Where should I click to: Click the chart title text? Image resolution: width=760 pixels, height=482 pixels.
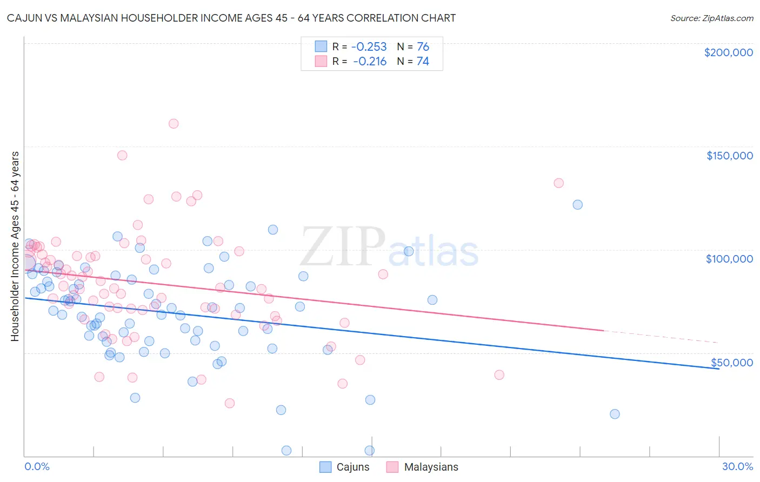click(231, 18)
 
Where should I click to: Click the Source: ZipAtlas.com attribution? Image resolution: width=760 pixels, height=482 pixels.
click(711, 18)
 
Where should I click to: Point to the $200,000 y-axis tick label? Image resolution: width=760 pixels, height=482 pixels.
click(728, 52)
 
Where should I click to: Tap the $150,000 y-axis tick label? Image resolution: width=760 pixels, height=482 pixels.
click(729, 156)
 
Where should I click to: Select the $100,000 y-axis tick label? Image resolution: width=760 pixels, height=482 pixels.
click(729, 259)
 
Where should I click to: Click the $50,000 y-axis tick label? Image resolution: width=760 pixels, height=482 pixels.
click(731, 362)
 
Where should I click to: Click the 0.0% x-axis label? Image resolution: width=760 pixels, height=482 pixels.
click(37, 466)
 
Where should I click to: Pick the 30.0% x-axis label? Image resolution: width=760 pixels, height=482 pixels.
click(737, 466)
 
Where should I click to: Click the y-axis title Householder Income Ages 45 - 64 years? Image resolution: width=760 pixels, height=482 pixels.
click(15, 246)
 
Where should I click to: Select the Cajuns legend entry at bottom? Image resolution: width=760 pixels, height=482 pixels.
click(345, 467)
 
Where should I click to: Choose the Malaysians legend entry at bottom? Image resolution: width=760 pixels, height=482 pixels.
click(423, 467)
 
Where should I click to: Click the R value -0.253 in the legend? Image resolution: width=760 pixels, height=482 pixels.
click(369, 46)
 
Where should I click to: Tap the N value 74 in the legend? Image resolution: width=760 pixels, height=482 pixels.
click(423, 62)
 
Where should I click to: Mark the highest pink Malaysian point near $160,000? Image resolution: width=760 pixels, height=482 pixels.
click(174, 124)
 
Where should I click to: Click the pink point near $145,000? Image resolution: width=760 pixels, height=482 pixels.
click(122, 155)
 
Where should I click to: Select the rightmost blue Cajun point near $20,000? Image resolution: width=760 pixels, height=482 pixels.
click(615, 414)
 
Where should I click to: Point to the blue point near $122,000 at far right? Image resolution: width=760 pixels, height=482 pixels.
click(577, 205)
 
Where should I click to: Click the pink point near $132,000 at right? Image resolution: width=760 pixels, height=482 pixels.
click(558, 183)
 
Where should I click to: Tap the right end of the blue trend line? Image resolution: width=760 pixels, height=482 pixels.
click(718, 369)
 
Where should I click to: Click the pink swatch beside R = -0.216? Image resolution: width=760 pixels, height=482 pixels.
click(321, 62)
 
